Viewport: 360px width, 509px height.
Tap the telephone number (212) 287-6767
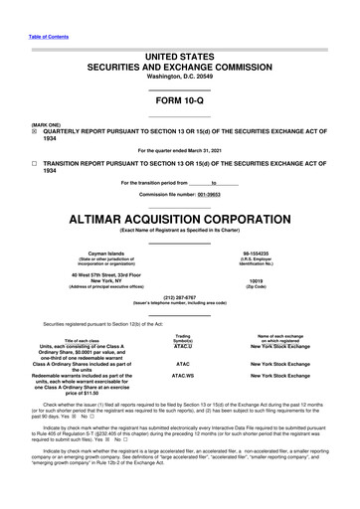point(179,297)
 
